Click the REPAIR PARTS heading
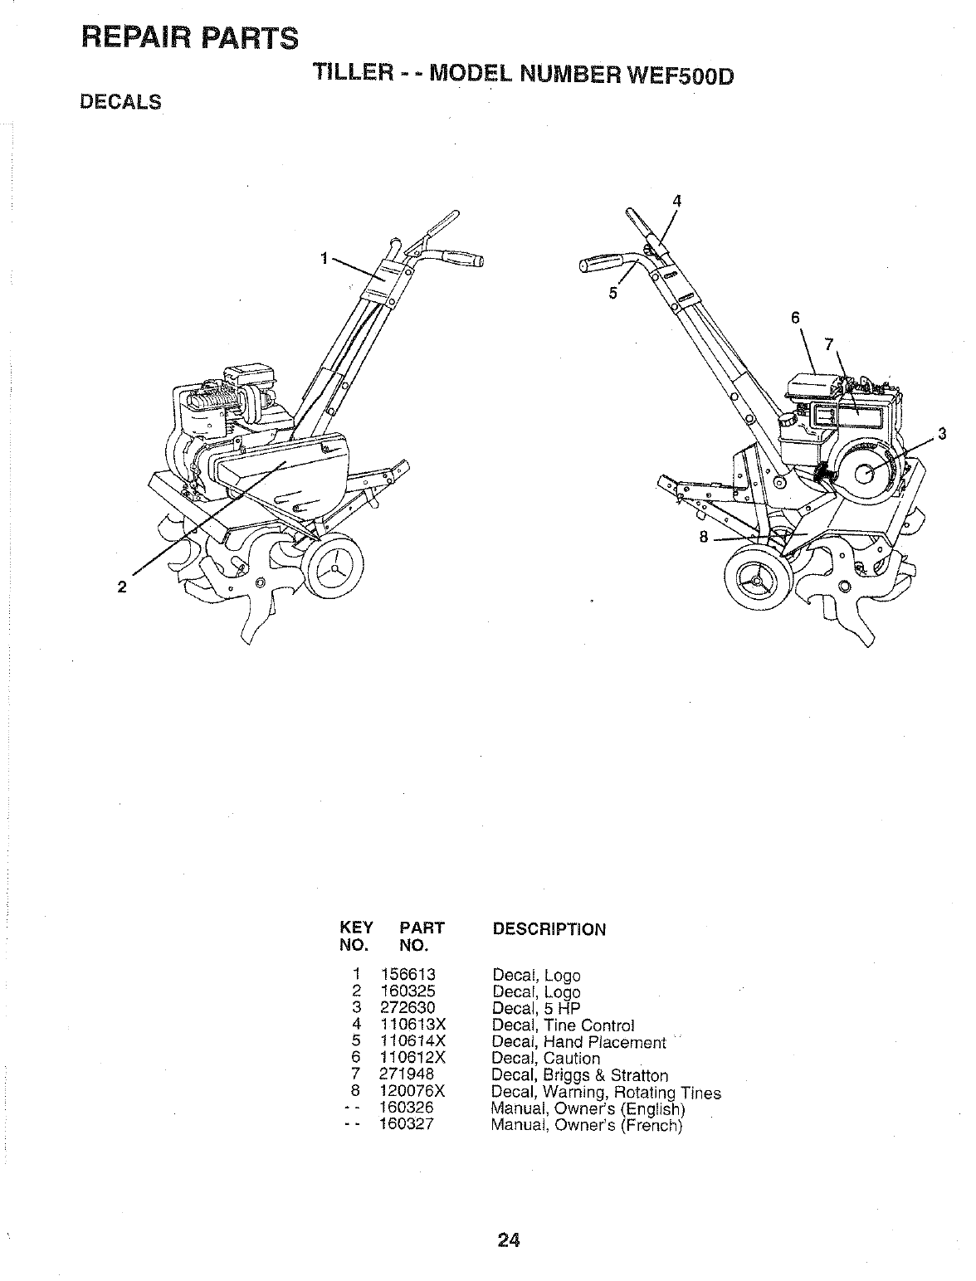[189, 38]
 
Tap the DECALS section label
[120, 102]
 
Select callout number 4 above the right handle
[677, 200]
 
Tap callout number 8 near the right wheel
[704, 537]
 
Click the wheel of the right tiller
[755, 580]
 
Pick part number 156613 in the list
[407, 975]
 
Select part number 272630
[407, 1008]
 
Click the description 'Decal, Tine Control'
[563, 1025]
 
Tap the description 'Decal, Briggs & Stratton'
[579, 1075]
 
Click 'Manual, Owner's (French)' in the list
[586, 1126]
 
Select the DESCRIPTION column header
[549, 929]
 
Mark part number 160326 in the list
[407, 1108]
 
